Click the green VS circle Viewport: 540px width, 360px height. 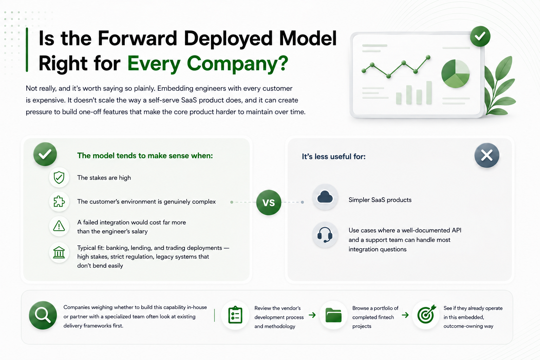pos(269,202)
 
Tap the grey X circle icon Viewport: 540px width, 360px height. pos(487,155)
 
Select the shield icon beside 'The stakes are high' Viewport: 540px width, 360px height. pos(59,178)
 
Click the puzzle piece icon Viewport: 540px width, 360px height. pos(59,201)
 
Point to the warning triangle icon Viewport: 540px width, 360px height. pos(59,226)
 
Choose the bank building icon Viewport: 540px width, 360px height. pos(59,252)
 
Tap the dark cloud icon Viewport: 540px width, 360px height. pos(325,197)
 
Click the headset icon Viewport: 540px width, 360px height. pos(325,234)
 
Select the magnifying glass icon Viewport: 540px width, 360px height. pos(43,315)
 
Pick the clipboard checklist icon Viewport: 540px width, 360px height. pos(235,315)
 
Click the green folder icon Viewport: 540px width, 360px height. pos(333,315)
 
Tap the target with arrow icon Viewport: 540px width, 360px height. pos(426,315)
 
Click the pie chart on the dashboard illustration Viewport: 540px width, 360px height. pos(455,73)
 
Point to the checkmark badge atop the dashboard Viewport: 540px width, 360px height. pos(480,37)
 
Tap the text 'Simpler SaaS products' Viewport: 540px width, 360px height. pos(380,200)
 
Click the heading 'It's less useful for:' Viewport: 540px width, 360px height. pos(334,156)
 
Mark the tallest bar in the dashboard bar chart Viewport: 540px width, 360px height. pos(429,92)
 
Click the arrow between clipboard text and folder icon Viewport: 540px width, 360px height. pos(312,315)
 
